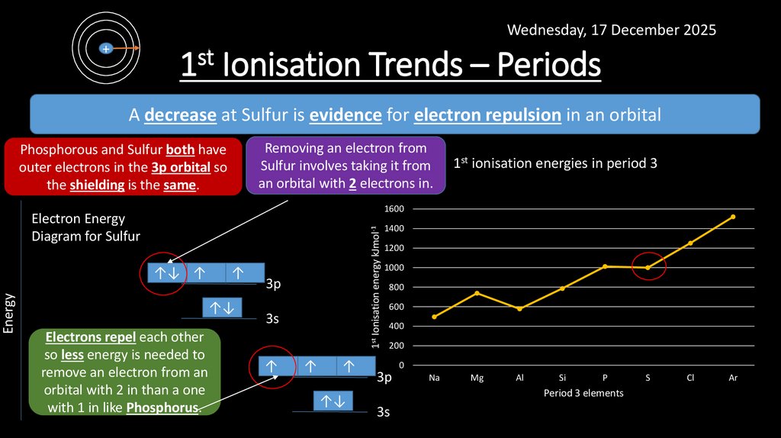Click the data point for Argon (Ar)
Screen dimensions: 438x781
[733, 217]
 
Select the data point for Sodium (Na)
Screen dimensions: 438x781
[434, 317]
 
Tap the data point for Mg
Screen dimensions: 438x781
[477, 293]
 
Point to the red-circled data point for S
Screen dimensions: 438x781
[648, 267]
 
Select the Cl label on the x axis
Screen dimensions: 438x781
[690, 378]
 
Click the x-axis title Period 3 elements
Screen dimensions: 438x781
[583, 393]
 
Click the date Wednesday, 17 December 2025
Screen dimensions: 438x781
[612, 31]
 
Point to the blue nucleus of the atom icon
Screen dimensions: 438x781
[106, 48]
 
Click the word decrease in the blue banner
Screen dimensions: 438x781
[181, 115]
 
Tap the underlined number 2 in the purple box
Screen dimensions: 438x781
[353, 184]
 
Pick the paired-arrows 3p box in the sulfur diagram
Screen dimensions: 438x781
[166, 272]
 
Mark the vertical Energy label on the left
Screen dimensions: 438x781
[9, 314]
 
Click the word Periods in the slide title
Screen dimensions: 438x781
[549, 66]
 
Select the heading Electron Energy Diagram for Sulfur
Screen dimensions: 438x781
[85, 227]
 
